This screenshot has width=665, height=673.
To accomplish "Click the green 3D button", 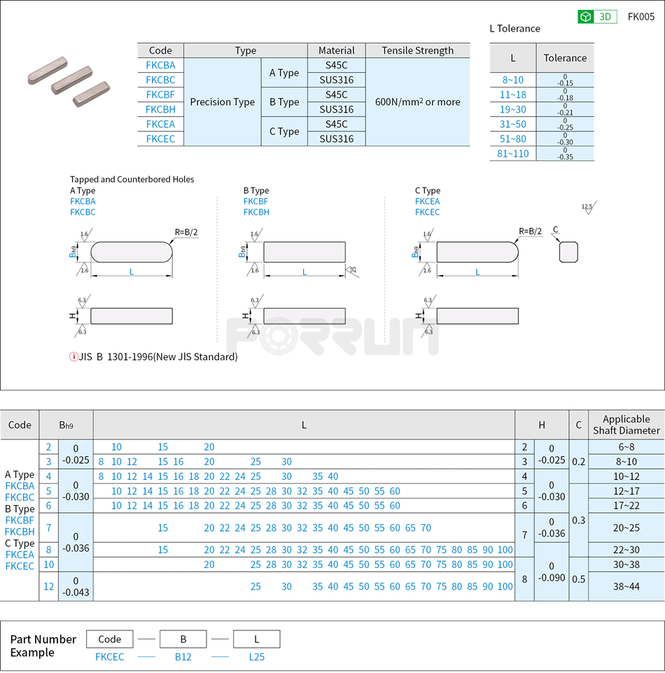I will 597,17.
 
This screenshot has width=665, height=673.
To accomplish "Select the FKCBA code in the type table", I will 160,65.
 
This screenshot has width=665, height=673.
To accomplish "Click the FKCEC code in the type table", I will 160,139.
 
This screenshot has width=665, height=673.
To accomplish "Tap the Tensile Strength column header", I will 417,50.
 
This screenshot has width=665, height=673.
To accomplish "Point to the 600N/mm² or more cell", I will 417,102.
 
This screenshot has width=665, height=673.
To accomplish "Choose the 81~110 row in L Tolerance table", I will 513,153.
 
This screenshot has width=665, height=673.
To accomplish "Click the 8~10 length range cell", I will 513,80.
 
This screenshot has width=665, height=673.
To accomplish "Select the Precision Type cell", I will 222,102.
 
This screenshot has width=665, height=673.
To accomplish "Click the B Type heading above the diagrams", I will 256,190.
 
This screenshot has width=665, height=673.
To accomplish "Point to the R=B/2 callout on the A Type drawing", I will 187,232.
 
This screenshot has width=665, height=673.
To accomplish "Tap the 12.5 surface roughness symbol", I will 587,208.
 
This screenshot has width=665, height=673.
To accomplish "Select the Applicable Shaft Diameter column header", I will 626,425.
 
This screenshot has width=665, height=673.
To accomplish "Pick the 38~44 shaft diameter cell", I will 626,586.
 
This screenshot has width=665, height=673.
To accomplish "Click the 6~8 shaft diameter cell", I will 626,447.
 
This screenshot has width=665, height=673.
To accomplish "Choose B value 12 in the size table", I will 48,586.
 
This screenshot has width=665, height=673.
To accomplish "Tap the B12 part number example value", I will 183,656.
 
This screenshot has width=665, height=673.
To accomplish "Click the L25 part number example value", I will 256,656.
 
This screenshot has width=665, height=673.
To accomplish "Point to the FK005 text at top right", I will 640,17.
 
